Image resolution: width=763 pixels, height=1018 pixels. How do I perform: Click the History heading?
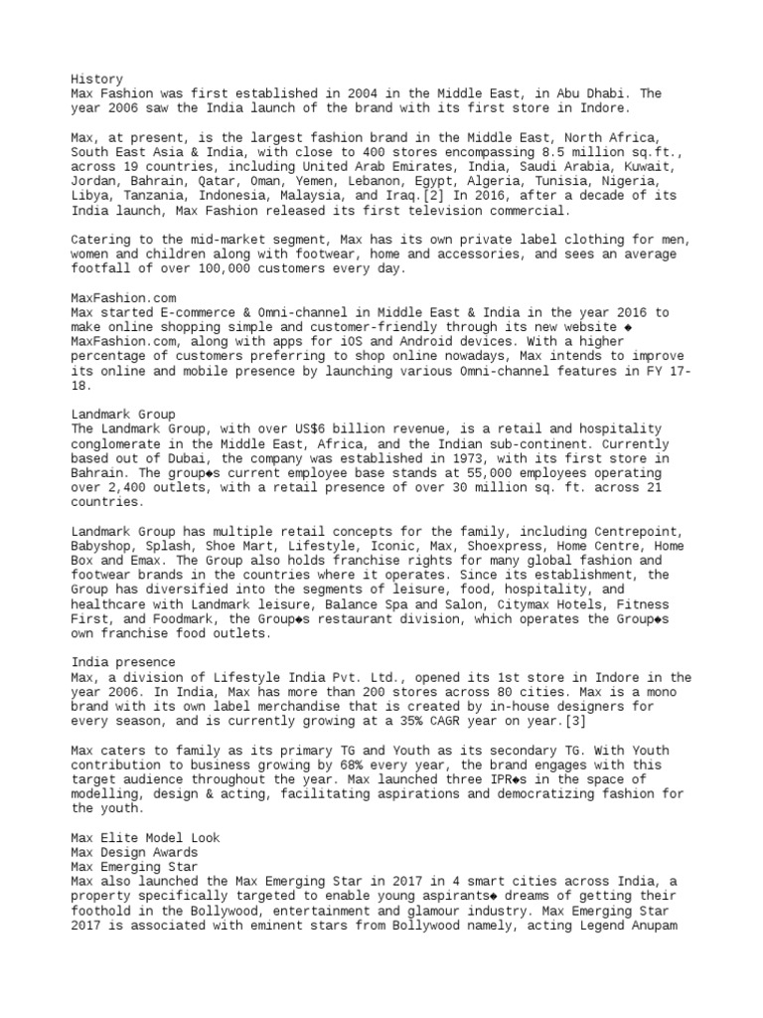pos(96,78)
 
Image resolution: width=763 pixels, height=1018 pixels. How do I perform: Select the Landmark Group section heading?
pos(123,414)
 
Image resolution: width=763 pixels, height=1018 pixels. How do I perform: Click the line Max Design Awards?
pos(134,853)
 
